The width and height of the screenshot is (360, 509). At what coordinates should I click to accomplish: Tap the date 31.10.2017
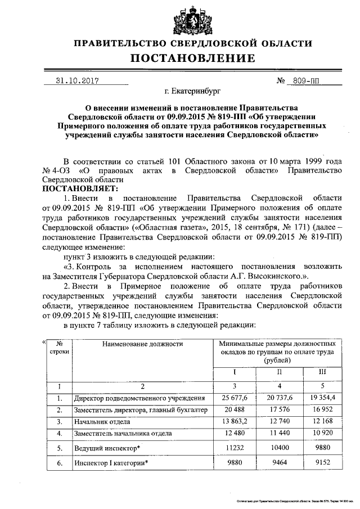[x=77, y=80]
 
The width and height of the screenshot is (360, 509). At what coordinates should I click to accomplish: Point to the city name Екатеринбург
[x=186, y=90]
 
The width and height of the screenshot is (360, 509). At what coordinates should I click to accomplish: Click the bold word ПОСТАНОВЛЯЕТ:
[x=79, y=188]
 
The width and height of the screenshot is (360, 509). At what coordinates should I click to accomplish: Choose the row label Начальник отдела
[x=102, y=421]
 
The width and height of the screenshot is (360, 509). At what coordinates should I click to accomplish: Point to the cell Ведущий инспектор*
[x=107, y=448]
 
